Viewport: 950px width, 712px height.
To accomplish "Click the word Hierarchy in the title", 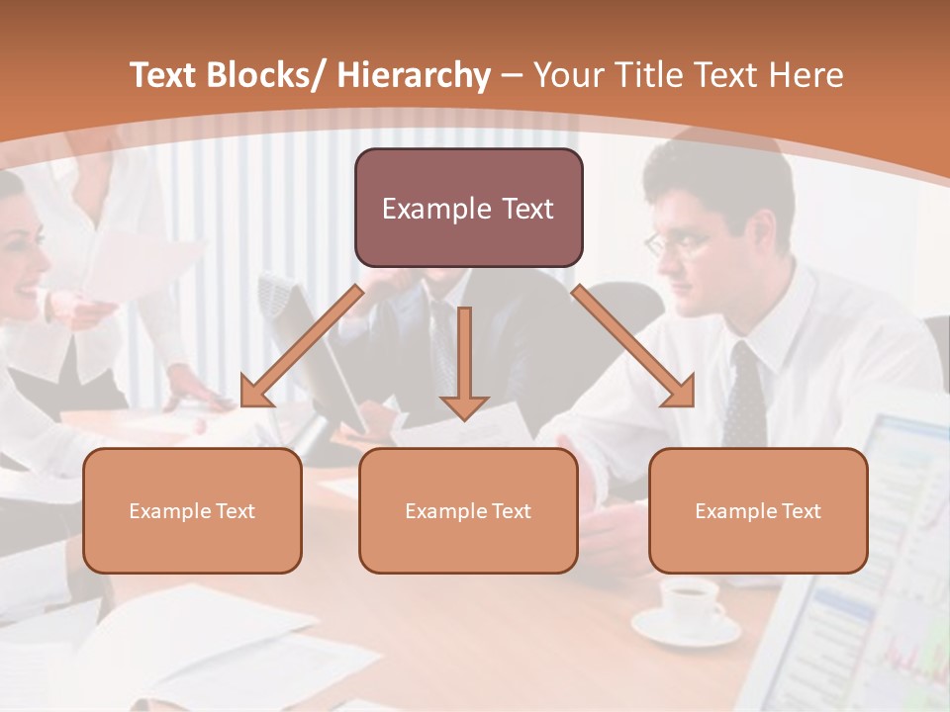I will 414,76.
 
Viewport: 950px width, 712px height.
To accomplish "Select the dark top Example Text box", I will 468,208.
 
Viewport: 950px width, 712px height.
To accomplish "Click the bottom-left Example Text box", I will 192,510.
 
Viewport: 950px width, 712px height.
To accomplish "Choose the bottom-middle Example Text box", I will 468,510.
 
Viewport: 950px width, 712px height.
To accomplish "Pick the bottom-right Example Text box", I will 758,510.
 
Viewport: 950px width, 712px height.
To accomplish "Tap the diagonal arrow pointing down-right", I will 633,347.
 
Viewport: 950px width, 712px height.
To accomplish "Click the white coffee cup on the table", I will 690,599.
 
